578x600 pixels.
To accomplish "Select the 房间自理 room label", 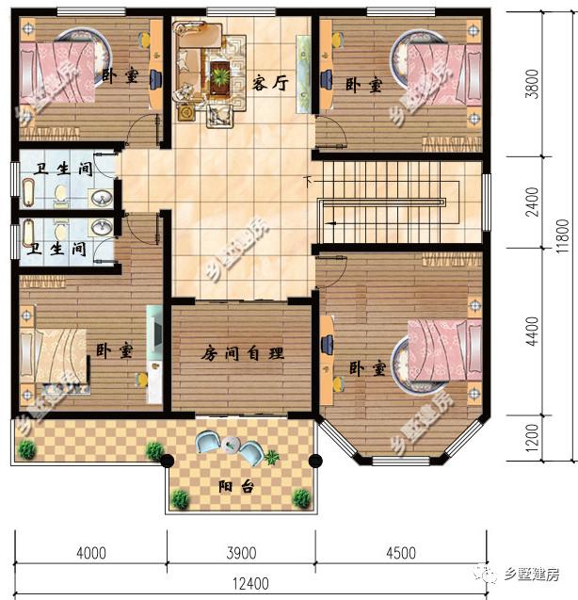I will pyautogui.click(x=242, y=354).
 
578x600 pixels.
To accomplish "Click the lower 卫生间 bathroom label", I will pyautogui.click(x=57, y=250).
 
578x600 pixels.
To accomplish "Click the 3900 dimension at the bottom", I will pyautogui.click(x=241, y=552).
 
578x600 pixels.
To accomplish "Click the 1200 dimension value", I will pyautogui.click(x=533, y=438).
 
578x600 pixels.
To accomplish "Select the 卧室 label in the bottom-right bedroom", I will pyautogui.click(x=365, y=366).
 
